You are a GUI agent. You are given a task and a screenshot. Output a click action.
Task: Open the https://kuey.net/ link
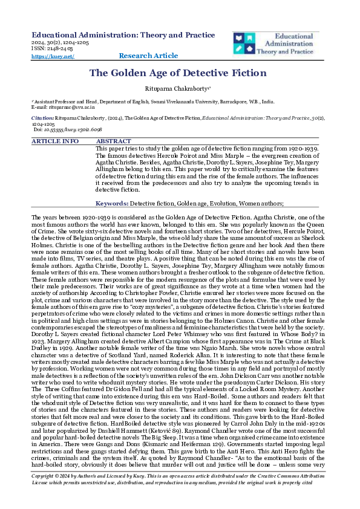tap(52, 56)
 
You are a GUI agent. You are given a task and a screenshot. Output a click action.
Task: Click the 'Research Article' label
tap(148, 56)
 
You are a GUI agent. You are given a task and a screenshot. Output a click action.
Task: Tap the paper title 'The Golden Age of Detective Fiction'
tap(178, 73)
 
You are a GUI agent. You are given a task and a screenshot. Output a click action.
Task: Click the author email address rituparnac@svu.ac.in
tap(60, 108)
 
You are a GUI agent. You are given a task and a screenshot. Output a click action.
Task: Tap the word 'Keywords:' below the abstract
tap(113, 204)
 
